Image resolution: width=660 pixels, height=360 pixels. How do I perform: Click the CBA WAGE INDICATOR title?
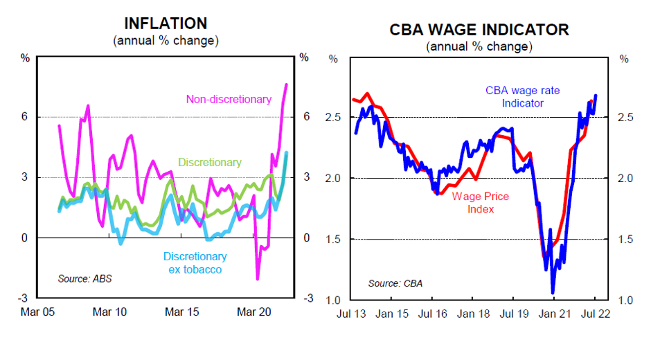click(479, 29)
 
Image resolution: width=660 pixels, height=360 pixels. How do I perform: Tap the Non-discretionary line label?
click(229, 99)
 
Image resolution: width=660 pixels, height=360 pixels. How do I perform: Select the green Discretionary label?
click(210, 163)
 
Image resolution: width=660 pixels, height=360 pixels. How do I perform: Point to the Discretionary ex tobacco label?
click(195, 262)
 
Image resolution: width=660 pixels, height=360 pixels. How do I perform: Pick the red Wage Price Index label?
click(481, 202)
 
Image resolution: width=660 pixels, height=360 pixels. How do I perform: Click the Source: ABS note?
click(84, 279)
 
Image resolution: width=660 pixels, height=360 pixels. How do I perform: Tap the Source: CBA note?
click(395, 283)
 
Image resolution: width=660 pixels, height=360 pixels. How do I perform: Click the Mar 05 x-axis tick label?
click(38, 312)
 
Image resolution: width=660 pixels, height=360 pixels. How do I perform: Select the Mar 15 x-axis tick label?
click(183, 312)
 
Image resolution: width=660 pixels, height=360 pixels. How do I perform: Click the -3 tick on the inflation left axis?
click(24, 298)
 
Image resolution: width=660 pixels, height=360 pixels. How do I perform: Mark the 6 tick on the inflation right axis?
click(305, 117)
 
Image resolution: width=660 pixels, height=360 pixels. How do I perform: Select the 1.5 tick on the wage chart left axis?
click(334, 240)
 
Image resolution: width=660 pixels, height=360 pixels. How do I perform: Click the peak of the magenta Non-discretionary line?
click(287, 84)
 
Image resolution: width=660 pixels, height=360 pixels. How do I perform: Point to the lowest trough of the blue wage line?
click(553, 293)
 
